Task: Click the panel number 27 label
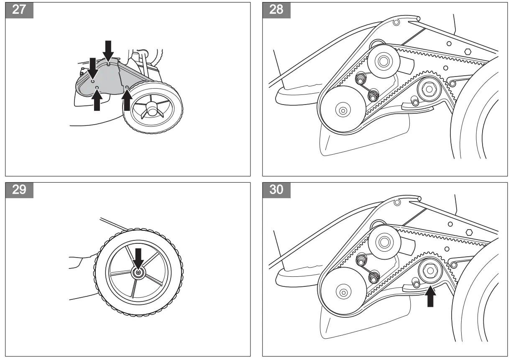[19, 9]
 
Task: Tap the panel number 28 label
[276, 9]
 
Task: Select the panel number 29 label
[19, 189]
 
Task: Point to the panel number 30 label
[276, 189]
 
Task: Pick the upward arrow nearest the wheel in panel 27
[127, 100]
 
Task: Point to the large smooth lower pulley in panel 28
[342, 110]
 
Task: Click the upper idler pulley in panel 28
[382, 61]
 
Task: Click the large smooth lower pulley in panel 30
[342, 291]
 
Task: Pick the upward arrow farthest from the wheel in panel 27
[97, 100]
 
